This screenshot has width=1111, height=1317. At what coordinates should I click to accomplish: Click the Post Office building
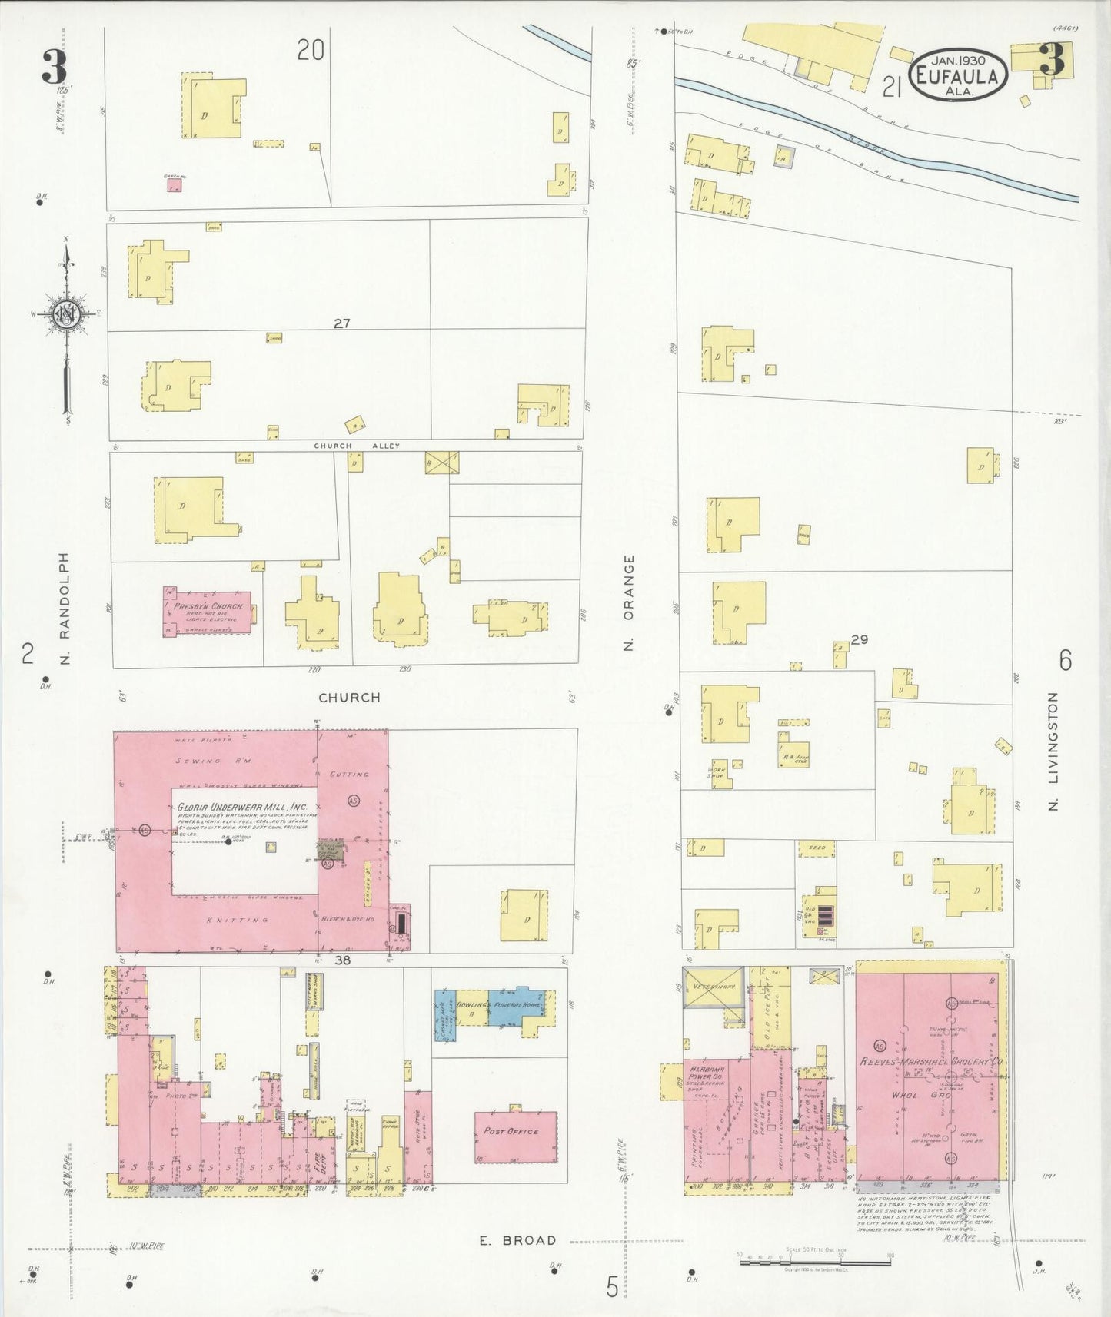click(x=515, y=1136)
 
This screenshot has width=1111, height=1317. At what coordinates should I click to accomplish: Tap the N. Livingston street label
click(x=1053, y=751)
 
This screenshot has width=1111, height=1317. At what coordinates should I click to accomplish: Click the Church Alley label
click(x=356, y=446)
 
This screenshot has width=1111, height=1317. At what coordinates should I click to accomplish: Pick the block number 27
click(x=341, y=323)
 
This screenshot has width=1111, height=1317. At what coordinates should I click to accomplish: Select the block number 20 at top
click(x=311, y=51)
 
